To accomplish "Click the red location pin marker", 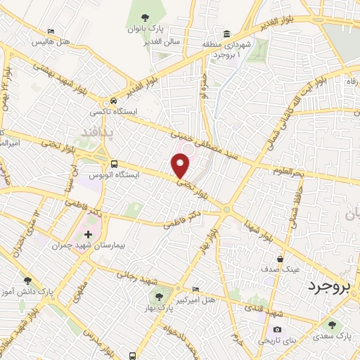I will click(x=181, y=166).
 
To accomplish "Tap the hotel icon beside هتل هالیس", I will click(x=50, y=32).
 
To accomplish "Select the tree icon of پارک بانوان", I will click(x=145, y=18).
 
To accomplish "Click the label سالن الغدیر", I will click(x=162, y=41).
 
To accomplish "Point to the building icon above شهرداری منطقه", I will click(x=226, y=34).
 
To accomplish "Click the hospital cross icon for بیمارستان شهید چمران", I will click(x=88, y=234).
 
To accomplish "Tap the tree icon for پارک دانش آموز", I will click(x=27, y=280).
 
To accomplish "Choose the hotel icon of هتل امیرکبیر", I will click(x=195, y=290).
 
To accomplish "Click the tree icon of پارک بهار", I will click(x=160, y=296).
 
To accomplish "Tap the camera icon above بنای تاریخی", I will click(x=277, y=329).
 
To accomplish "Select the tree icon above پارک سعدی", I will click(x=332, y=326).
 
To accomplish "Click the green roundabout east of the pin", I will click(x=227, y=208).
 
